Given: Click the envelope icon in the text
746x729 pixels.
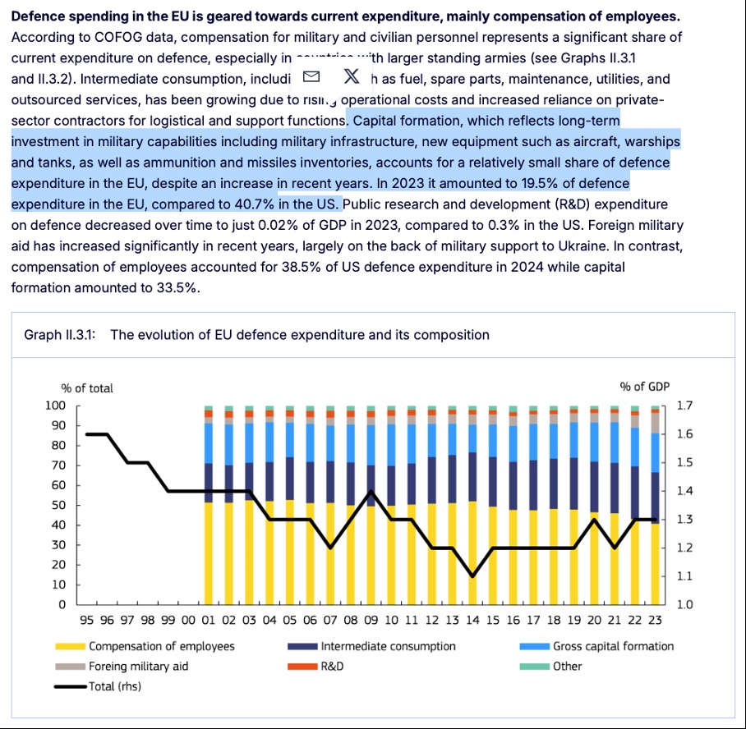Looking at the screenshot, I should coord(311,77).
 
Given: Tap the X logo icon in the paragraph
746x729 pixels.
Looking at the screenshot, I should coord(351,77).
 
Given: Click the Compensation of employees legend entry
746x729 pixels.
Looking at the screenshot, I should coord(161,646).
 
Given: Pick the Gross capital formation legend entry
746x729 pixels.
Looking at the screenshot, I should coord(613,646).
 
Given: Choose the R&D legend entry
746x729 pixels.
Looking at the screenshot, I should coord(331,666).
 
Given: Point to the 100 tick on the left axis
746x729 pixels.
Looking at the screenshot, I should coord(55,406).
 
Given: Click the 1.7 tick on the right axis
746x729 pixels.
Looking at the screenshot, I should coord(683,406).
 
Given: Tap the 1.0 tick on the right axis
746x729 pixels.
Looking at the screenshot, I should coord(683,605).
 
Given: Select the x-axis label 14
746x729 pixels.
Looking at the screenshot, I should coord(472,621).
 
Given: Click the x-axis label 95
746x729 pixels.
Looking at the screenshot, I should coord(85,621).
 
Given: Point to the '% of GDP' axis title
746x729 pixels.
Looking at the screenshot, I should coord(645,387).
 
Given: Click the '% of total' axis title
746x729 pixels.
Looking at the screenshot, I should coord(87,387).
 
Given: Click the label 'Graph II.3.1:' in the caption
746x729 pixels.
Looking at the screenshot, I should coord(60,334).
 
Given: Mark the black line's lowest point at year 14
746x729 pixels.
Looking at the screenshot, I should coord(472,576).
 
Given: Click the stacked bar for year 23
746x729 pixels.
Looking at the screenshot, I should coord(655,509).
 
